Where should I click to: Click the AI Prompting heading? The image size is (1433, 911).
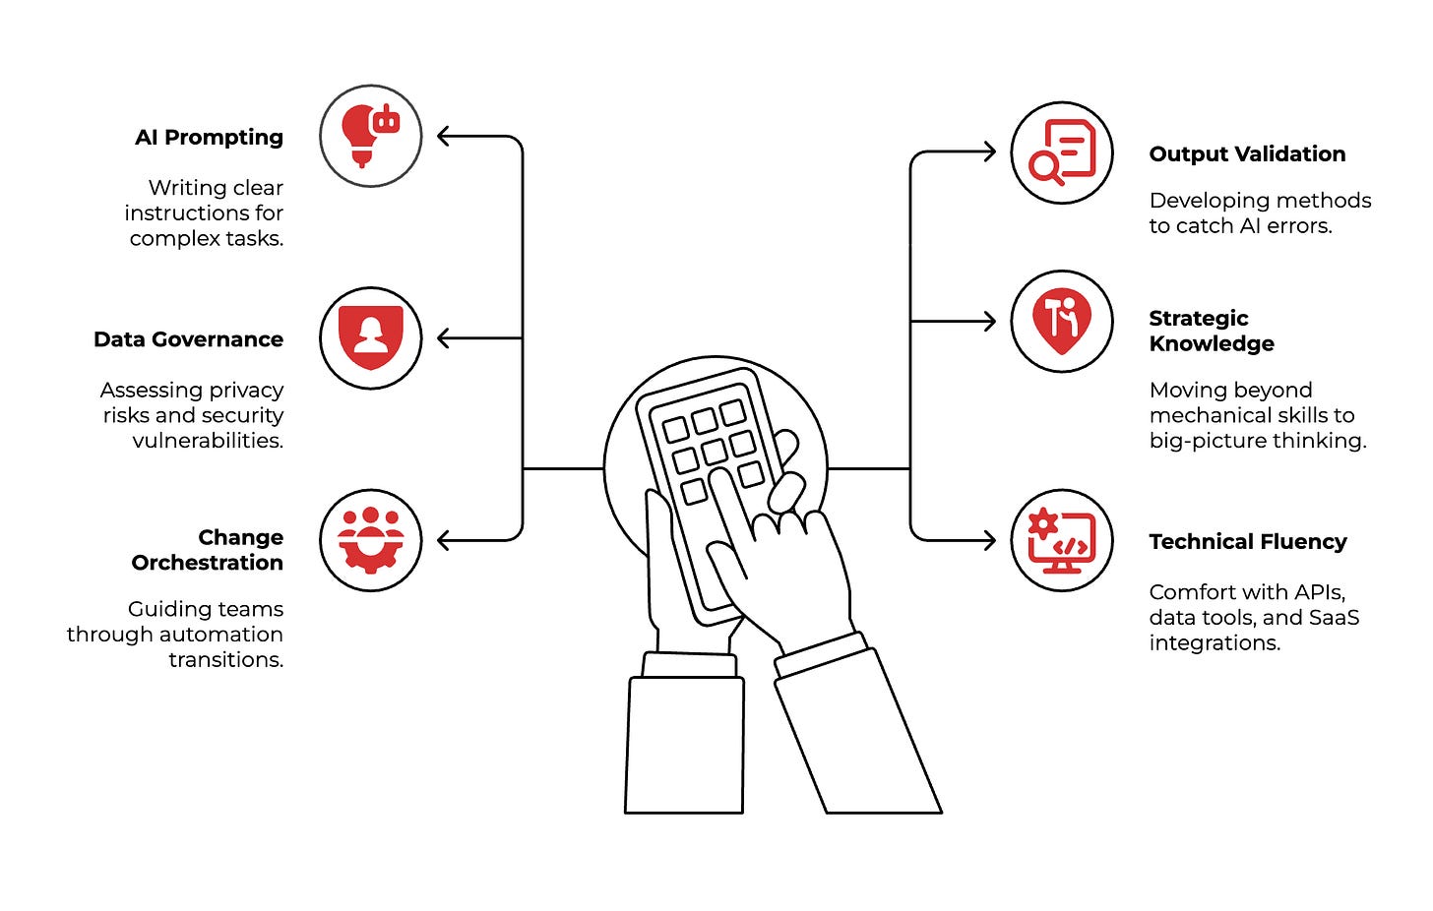click(209, 138)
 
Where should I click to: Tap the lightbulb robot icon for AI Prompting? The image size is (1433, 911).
click(370, 136)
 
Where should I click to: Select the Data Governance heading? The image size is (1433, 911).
click(188, 339)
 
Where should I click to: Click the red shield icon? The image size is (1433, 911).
click(370, 337)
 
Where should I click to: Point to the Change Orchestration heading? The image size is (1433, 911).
click(208, 550)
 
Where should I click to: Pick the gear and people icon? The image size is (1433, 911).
click(370, 540)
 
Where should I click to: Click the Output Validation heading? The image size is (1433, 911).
click(1247, 154)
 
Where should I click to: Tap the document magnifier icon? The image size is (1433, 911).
click(1062, 153)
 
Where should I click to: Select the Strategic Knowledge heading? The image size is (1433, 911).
click(1212, 331)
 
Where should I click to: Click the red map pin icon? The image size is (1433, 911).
click(1062, 321)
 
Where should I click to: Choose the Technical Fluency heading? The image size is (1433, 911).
click(1248, 542)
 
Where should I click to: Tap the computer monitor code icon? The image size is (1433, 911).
click(1062, 540)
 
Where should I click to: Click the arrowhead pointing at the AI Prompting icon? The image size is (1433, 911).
click(444, 137)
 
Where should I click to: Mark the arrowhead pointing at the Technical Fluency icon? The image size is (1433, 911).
click(989, 540)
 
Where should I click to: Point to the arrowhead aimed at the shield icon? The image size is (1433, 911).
click(444, 338)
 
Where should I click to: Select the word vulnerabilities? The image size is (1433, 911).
click(208, 441)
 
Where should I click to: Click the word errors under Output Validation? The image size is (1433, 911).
click(1299, 226)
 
